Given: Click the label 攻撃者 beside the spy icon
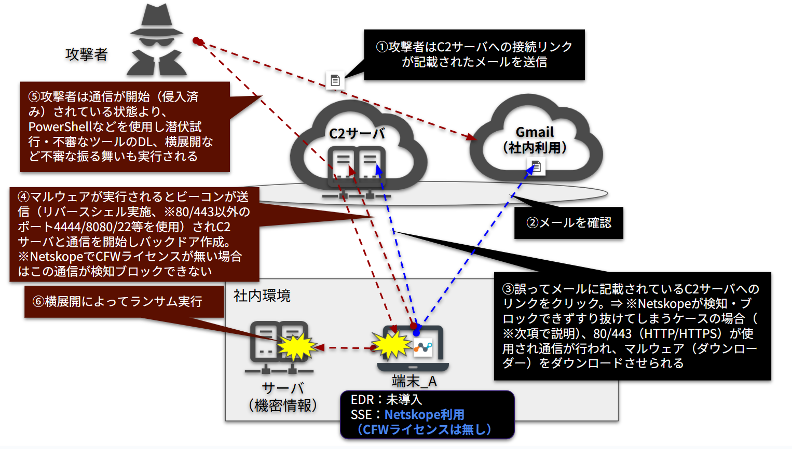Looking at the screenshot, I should pyautogui.click(x=87, y=54).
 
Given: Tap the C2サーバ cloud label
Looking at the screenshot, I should pyautogui.click(x=357, y=134).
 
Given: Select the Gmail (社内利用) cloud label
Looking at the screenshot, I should pyautogui.click(x=535, y=140).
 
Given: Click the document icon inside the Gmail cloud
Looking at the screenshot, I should pyautogui.click(x=536, y=166).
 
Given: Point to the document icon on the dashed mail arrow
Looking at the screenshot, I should pyautogui.click(x=335, y=80).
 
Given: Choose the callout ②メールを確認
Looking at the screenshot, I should pyautogui.click(x=569, y=223).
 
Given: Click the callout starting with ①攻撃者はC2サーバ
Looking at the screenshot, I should pyautogui.click(x=474, y=54).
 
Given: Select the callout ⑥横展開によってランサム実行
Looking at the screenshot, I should pyautogui.click(x=124, y=302).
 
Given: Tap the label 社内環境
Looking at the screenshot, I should pyautogui.click(x=262, y=296).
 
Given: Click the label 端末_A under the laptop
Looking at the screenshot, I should pyautogui.click(x=414, y=382).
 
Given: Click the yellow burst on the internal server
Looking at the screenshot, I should pyautogui.click(x=297, y=346).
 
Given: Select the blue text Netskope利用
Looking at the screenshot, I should pyautogui.click(x=424, y=415).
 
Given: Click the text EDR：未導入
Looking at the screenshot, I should pyautogui.click(x=386, y=400).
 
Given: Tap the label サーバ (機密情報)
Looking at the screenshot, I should pyautogui.click(x=283, y=397).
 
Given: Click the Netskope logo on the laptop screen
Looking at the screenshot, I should pyautogui.click(x=423, y=347).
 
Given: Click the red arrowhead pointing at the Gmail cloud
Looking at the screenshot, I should pyautogui.click(x=471, y=137).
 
